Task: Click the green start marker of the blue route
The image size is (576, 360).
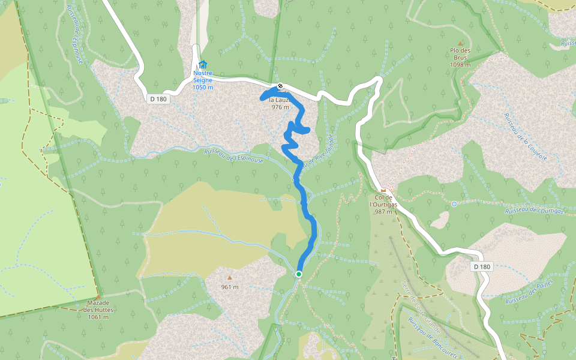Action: (299, 274)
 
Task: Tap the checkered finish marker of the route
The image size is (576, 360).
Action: (280, 85)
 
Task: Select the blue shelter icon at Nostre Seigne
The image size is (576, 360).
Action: (203, 64)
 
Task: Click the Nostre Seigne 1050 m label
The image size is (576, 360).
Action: (203, 80)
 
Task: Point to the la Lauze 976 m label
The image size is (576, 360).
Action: (280, 104)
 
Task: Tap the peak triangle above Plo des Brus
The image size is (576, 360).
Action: (460, 43)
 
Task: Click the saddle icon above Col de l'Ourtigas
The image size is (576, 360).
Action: (383, 190)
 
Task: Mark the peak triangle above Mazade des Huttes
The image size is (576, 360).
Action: (98, 296)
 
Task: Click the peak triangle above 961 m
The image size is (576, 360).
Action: (229, 278)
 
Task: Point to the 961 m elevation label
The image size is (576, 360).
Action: (229, 287)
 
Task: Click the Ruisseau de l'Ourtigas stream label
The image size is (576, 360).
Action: (535, 210)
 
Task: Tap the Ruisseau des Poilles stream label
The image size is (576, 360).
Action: (529, 292)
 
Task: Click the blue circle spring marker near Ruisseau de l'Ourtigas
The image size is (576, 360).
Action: (454, 204)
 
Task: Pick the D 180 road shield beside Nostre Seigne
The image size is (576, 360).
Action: (158, 99)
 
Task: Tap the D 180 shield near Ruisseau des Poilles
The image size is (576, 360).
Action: (482, 266)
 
